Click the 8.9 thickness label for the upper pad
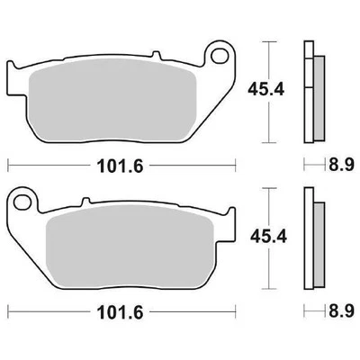(338, 165)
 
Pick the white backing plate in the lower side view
(309, 236)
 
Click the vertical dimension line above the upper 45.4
(265, 58)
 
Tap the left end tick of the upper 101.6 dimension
(8, 165)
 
